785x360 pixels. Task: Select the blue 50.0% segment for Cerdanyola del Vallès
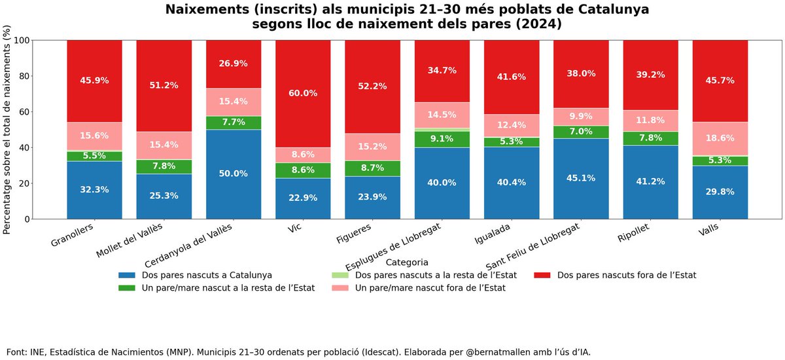click(234, 174)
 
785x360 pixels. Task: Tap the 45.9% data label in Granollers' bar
click(94, 81)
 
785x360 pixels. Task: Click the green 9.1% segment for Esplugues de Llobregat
click(442, 139)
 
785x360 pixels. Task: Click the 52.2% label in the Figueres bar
click(372, 86)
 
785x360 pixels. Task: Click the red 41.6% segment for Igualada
click(512, 77)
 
